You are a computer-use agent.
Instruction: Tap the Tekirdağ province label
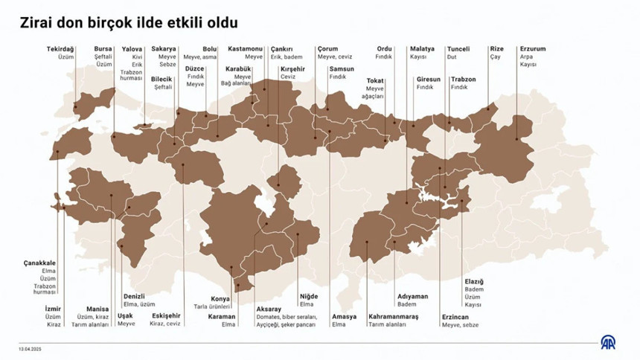coord(60,49)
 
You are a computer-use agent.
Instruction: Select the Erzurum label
coord(532,49)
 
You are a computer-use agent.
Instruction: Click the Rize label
coord(497,49)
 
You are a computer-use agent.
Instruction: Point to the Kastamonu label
coord(246,49)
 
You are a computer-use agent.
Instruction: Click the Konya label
coord(221,299)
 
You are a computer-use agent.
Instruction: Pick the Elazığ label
coord(474,280)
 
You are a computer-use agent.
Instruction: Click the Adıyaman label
coord(413,296)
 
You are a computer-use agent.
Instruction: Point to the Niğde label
coord(308,296)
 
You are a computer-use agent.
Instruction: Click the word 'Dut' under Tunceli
coord(452,57)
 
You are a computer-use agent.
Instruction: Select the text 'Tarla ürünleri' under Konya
coord(212,307)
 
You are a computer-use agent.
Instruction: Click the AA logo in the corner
coord(609,341)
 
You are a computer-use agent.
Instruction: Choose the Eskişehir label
coord(165,316)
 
